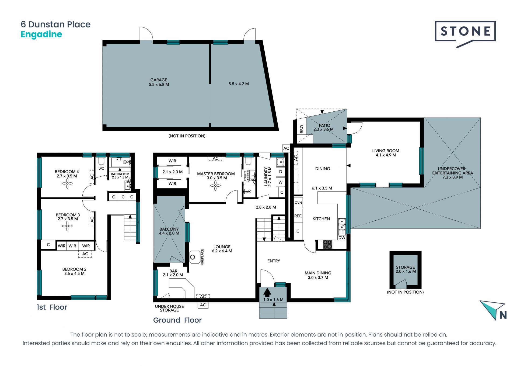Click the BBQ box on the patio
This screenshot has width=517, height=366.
coord(302,129)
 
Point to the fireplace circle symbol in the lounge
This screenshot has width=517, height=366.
coord(193,257)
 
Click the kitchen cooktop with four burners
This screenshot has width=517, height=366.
coord(327,244)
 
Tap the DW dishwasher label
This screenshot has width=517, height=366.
coord(342,238)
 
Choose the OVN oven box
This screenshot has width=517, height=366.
coord(298,203)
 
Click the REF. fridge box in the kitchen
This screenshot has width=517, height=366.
coord(298,216)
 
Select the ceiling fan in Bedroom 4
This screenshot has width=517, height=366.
coord(67,184)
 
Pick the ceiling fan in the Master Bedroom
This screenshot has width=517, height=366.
coord(215,186)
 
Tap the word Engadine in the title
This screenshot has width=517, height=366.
coord(41,35)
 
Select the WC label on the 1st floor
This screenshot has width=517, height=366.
coord(101,169)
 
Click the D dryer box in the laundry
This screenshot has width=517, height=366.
coord(281,172)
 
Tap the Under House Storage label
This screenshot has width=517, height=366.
coord(169,308)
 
